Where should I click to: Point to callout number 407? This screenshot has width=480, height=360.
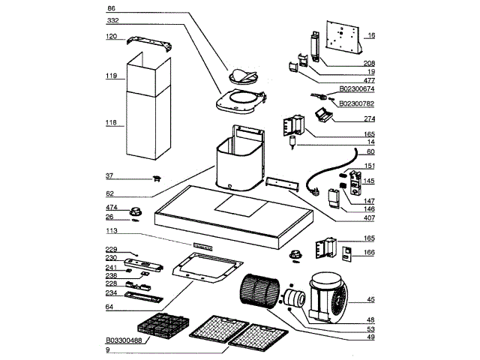(x=370, y=218)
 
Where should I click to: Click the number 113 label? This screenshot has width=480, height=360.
(x=112, y=232)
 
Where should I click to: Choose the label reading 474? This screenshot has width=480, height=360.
(x=111, y=208)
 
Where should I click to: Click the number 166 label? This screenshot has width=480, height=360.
(x=370, y=253)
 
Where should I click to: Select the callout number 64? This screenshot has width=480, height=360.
(x=111, y=307)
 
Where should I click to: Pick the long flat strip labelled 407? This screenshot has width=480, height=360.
(x=286, y=184)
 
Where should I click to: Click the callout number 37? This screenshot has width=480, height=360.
(x=111, y=176)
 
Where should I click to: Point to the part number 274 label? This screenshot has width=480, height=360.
(x=370, y=118)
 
